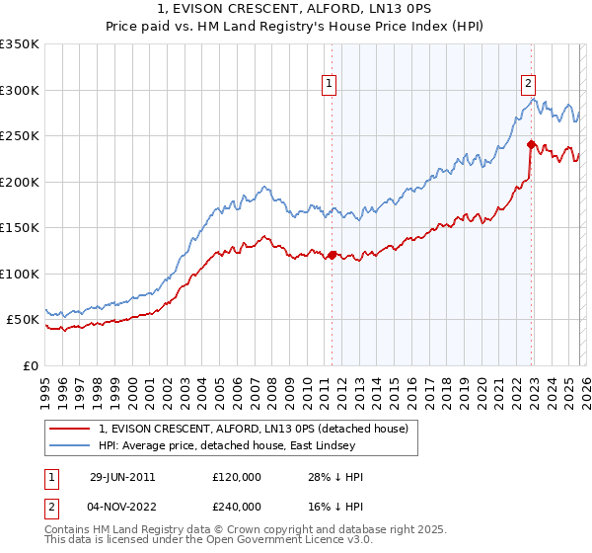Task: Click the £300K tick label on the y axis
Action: click(x=20, y=90)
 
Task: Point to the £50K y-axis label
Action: click(x=23, y=320)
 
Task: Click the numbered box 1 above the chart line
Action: click(x=328, y=85)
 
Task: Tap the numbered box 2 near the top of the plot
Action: click(x=529, y=85)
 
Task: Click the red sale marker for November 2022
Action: click(x=531, y=144)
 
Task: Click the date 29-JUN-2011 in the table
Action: click(x=121, y=476)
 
